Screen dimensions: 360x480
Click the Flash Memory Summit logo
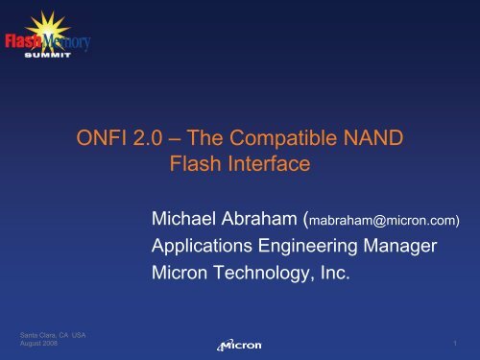click(x=47, y=43)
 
